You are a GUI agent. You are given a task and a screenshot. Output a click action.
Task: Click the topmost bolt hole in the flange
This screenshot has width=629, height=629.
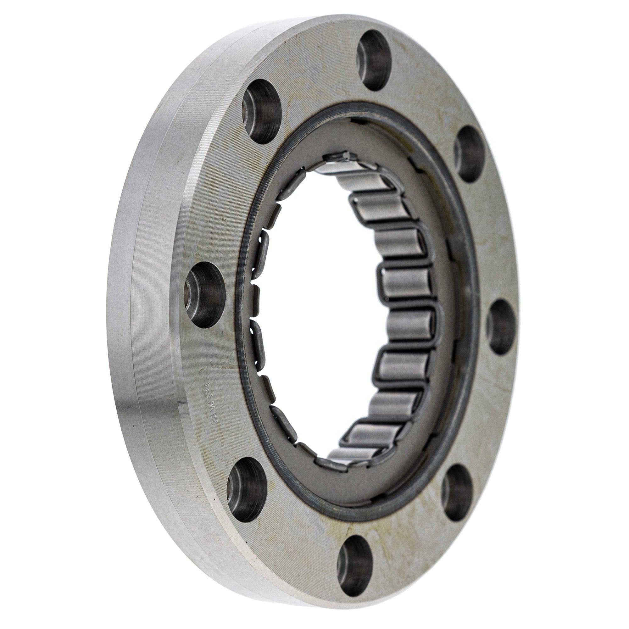pyautogui.click(x=373, y=60)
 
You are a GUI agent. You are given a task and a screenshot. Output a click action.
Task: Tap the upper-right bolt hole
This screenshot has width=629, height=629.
pyautogui.click(x=468, y=154)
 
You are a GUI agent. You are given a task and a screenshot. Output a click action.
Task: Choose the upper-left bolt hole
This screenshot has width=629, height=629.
pyautogui.click(x=261, y=111)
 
